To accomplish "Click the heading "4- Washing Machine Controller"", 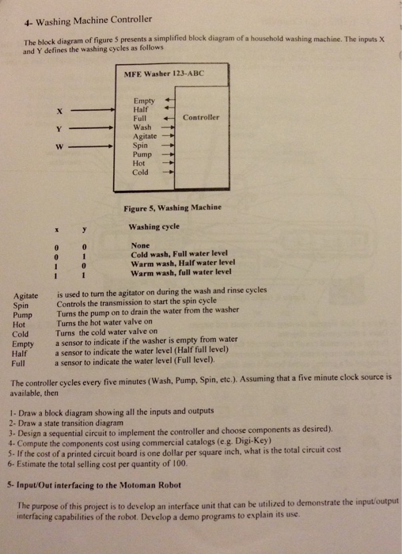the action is [88, 21].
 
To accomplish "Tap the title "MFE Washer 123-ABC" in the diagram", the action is [164, 74].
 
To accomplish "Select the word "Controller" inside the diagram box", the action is [201, 117].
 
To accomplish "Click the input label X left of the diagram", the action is [59, 112].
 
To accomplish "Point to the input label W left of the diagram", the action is [59, 146].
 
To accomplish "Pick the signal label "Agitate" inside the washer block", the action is [145, 136].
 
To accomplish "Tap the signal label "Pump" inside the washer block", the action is [142, 154].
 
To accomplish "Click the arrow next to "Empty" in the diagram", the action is [170, 100].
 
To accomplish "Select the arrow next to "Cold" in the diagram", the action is [168, 173].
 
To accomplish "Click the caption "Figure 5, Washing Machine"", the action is [173, 207].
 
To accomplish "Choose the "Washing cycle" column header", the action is [154, 226].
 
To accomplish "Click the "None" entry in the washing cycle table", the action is [140, 245].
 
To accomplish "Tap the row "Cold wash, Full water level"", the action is [180, 254].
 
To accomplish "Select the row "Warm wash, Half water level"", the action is [183, 264].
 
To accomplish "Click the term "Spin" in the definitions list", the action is [21, 305].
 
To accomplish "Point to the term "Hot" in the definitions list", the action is [19, 324].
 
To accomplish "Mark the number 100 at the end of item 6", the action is [180, 464].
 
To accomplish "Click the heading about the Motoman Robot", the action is [94, 485].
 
